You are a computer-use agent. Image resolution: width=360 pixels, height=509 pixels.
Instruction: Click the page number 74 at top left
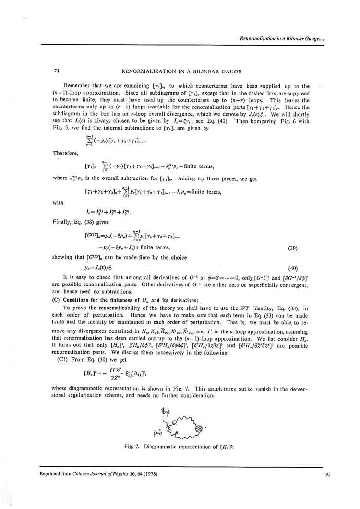[x=57, y=71]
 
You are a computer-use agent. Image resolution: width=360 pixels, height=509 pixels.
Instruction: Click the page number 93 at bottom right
[x=328, y=475]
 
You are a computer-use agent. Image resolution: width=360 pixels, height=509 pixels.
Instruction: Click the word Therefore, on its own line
[x=65, y=152]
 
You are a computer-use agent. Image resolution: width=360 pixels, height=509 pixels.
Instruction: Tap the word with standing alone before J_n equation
[x=58, y=202]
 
